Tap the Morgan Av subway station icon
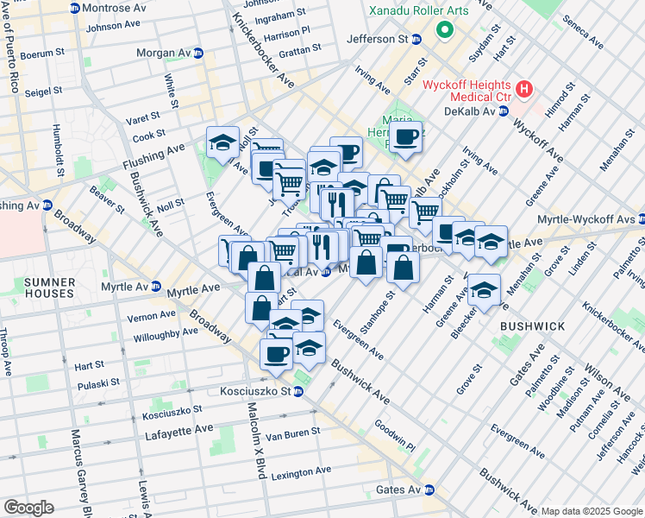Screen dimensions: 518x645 click(x=198, y=53)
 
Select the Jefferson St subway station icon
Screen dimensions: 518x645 click(x=416, y=40)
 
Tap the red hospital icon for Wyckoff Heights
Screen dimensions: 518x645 click(x=523, y=89)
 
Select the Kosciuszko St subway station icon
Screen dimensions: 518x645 click(x=297, y=392)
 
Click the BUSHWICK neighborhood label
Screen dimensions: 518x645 click(x=532, y=325)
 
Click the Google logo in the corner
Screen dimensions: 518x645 click(x=28, y=508)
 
